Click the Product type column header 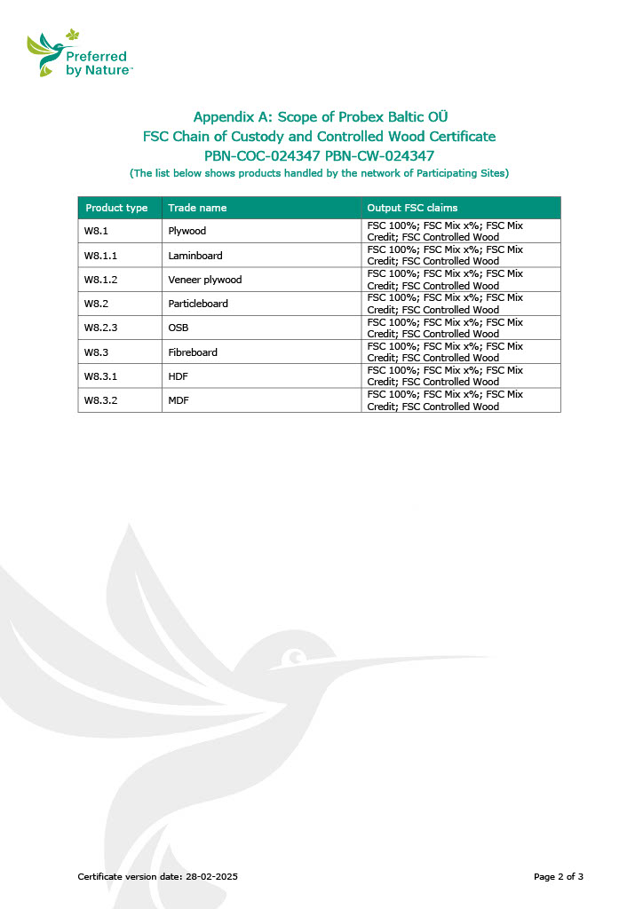116,208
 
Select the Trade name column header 197,208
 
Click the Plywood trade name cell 187,232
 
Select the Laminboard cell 194,256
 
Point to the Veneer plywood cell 204,280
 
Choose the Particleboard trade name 198,304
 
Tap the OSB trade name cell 178,328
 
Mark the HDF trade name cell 179,376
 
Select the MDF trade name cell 179,400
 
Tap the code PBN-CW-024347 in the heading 374,155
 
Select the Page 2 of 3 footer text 558,877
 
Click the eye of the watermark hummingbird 294,659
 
